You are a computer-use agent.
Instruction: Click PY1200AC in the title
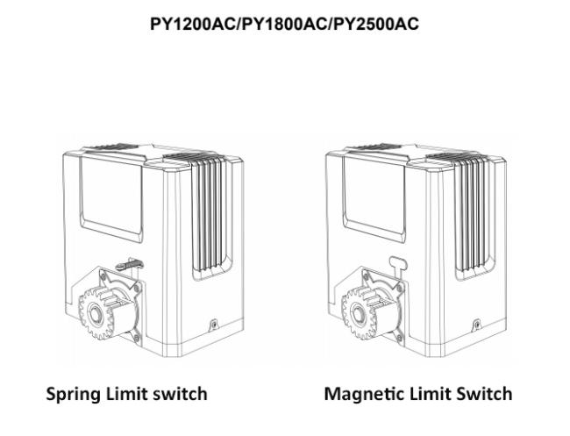(x=193, y=24)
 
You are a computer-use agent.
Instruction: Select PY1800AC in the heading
(x=284, y=24)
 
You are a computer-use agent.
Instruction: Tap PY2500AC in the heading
(x=376, y=24)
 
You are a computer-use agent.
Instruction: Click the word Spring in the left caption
(x=74, y=395)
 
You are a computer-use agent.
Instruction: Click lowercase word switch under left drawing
(x=180, y=394)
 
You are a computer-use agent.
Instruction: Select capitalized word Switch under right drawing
(x=484, y=394)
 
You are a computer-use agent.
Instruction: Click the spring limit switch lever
(x=129, y=264)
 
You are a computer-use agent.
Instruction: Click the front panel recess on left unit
(x=110, y=198)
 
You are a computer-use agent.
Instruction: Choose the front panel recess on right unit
(x=374, y=198)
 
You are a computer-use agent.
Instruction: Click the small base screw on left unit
(x=215, y=324)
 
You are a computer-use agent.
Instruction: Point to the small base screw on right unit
(x=477, y=324)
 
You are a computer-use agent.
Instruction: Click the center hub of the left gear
(x=96, y=313)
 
